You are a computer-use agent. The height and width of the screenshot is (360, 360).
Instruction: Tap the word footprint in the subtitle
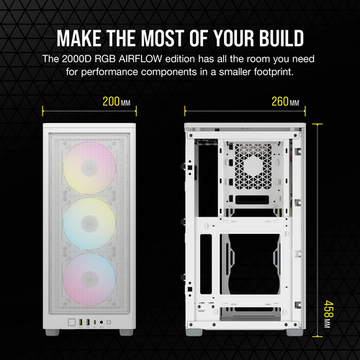[285, 72]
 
